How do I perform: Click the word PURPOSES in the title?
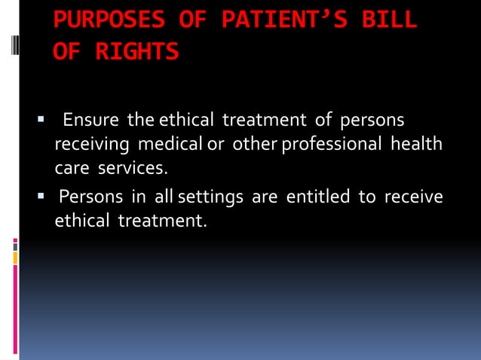pyautogui.click(x=109, y=20)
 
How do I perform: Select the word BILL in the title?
pyautogui.click(x=389, y=20)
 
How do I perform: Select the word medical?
pyautogui.click(x=170, y=143)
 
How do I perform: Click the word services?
pyautogui.click(x=136, y=166)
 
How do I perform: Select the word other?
pyautogui.click(x=255, y=143)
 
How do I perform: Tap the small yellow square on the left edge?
pyautogui.click(x=15, y=258)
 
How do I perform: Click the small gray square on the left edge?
pyautogui.click(x=15, y=246)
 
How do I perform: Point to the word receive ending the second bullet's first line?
pyautogui.click(x=414, y=197)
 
